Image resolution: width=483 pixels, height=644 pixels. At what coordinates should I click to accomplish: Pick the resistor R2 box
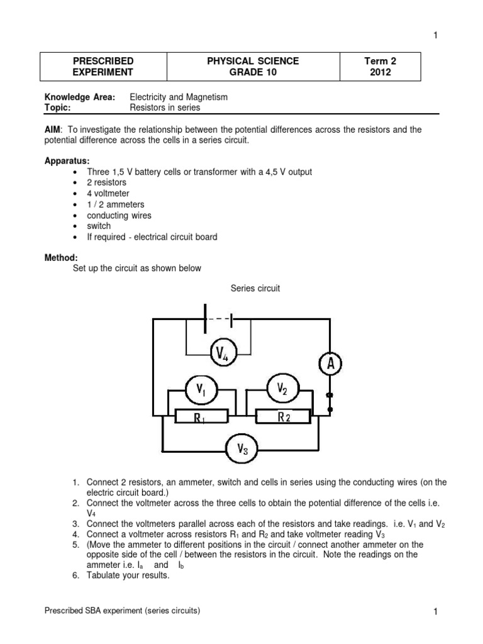[283, 416]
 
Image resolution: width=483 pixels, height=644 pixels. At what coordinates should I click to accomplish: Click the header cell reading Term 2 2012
[380, 67]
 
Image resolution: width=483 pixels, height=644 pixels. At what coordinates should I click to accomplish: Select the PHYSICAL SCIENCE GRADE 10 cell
[253, 67]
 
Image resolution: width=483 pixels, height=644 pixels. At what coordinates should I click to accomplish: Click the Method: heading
[60, 258]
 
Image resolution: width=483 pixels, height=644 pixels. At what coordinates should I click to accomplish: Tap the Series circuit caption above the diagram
[255, 289]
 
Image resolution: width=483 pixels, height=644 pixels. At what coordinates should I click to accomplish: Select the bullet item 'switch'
[99, 226]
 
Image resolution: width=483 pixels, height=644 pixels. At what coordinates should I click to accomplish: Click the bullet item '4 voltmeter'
[109, 194]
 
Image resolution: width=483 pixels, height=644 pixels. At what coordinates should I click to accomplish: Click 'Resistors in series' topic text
[165, 108]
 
